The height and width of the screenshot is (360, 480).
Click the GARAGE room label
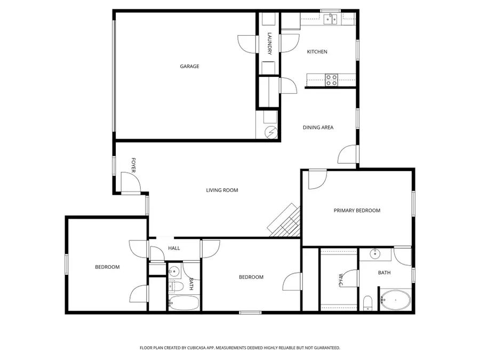point(189,67)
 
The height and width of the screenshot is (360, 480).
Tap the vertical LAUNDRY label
point(270,44)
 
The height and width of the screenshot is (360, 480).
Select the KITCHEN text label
point(317,52)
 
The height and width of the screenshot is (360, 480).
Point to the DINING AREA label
point(318,127)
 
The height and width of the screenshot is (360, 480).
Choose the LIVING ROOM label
point(222,190)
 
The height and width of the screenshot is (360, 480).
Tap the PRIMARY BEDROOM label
point(357,211)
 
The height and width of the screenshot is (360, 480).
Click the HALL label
point(174,248)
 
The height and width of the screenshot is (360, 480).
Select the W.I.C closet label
point(340,281)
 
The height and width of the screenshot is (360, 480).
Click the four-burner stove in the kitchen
point(331,80)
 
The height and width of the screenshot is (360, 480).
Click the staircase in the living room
point(285,221)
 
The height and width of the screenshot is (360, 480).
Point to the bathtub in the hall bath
point(183,303)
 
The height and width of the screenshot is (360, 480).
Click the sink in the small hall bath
point(174,270)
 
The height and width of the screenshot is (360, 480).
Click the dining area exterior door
point(347,155)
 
